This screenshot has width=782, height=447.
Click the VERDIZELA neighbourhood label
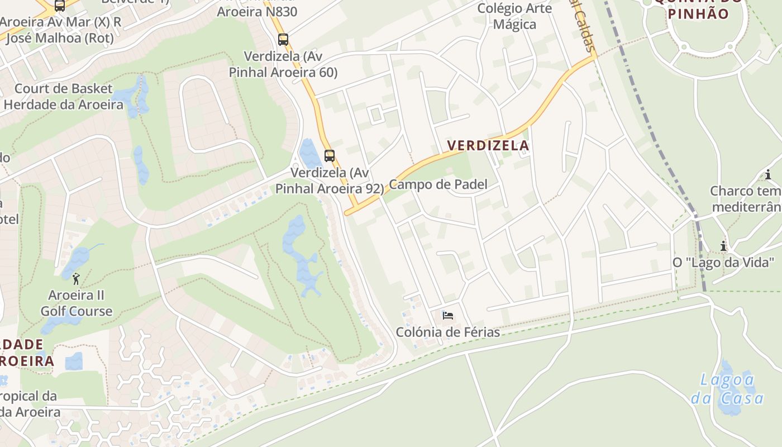488,146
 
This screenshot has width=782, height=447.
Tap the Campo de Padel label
438,184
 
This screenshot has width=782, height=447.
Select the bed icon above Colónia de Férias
447,316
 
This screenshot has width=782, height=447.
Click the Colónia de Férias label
447,332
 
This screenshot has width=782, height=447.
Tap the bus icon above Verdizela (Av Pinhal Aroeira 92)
330,156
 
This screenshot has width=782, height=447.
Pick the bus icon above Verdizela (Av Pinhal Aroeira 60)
283,40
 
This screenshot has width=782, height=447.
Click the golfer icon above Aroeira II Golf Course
76,279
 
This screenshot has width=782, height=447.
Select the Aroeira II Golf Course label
77,303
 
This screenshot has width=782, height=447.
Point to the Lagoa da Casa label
727,389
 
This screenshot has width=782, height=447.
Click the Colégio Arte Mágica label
514,16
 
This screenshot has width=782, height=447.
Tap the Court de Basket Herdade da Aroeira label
63,97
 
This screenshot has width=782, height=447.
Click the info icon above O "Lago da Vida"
723,246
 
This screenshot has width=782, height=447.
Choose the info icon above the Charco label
768,175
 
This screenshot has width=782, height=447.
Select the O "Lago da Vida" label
723,263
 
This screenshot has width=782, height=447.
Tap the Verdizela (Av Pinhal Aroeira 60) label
283,64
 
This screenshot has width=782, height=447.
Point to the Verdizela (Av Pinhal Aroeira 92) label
330,180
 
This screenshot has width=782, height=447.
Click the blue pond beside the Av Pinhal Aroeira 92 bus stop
308,153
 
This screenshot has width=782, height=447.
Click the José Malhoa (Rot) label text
58,38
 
